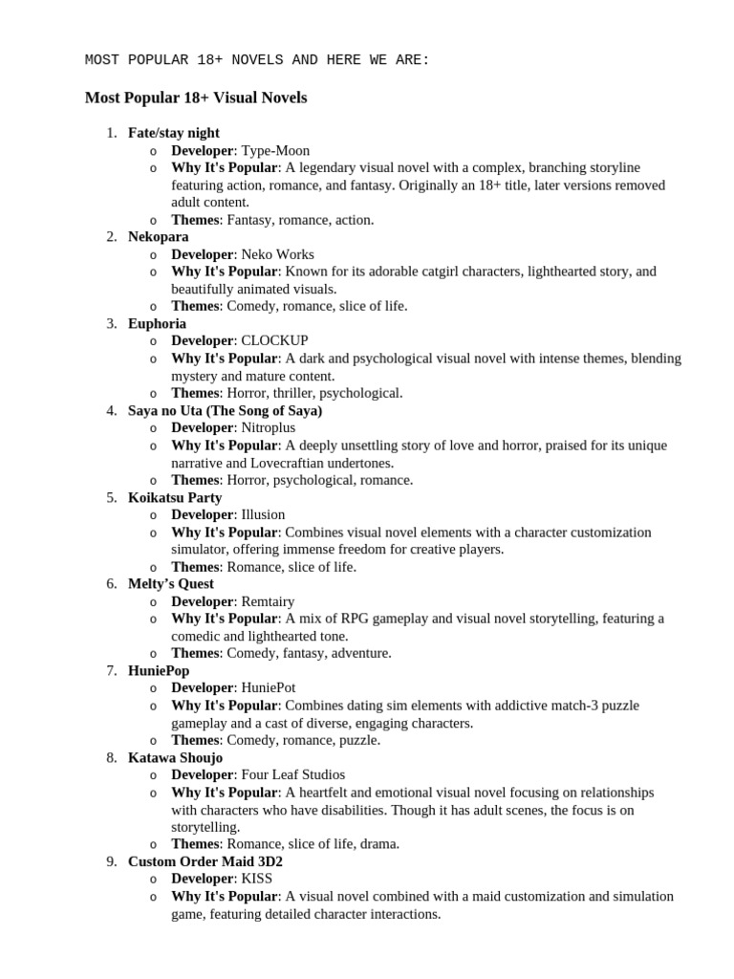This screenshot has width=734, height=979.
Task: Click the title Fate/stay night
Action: tap(173, 133)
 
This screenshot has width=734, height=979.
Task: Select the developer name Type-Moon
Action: tap(275, 150)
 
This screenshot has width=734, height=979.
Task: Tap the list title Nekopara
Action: tap(158, 236)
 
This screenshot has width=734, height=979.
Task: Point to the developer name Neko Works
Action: tap(277, 254)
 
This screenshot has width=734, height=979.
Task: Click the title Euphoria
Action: tap(157, 323)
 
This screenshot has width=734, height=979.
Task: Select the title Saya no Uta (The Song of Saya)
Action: tap(225, 410)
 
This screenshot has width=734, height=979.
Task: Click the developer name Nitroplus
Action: tap(270, 427)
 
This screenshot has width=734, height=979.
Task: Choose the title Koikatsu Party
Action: tap(175, 497)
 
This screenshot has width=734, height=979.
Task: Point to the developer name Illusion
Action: tap(263, 514)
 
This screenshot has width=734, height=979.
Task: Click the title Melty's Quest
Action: tap(171, 583)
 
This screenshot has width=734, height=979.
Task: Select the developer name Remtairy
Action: tap(268, 601)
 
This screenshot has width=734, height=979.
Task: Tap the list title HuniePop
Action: tap(159, 670)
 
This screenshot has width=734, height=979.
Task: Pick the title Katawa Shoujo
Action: tap(175, 757)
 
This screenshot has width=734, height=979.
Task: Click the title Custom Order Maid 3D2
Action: tap(205, 861)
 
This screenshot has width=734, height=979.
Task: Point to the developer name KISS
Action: tap(257, 879)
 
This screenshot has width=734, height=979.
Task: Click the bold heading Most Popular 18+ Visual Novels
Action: tap(196, 98)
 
